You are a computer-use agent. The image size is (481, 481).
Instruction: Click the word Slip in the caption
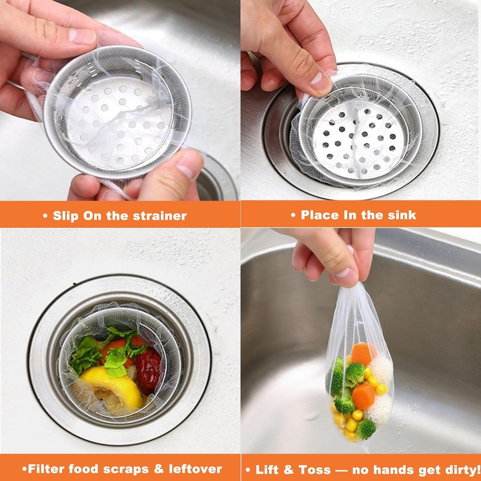65,216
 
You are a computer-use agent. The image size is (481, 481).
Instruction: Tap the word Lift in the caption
267,469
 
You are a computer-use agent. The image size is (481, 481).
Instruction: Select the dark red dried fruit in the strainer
149,371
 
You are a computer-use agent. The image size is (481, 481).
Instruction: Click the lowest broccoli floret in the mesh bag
365,428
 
